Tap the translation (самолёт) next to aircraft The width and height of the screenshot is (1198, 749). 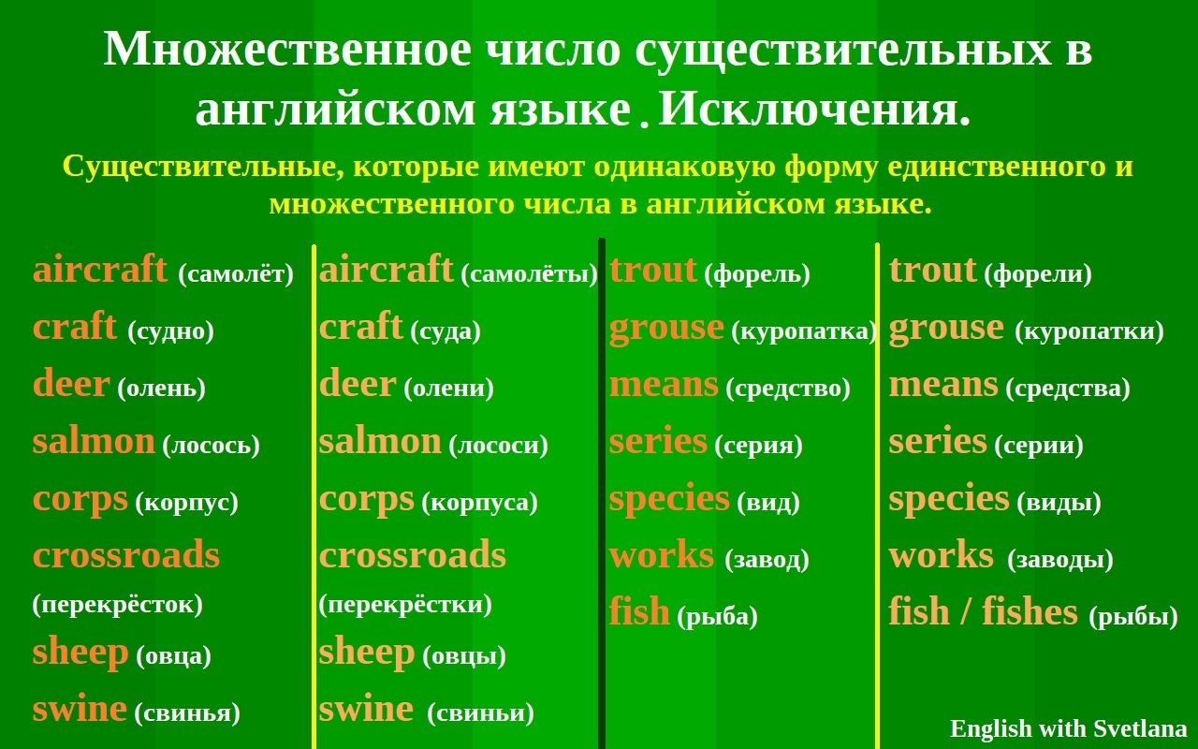(236, 274)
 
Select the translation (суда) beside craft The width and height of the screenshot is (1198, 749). (446, 331)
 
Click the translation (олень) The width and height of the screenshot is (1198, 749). (162, 389)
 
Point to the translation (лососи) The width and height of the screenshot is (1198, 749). (499, 445)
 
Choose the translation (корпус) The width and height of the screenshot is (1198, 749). (186, 503)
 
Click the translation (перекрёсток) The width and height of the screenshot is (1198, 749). (118, 605)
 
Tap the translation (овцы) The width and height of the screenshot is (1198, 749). (464, 656)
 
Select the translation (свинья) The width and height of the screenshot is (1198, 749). (187, 713)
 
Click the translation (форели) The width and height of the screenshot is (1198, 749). (1038, 274)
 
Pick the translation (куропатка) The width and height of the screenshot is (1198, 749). (804, 331)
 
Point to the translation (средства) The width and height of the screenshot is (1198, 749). (1068, 389)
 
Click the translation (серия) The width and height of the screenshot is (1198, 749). (759, 445)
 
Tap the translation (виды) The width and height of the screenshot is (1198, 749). (1059, 503)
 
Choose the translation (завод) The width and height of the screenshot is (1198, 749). (767, 560)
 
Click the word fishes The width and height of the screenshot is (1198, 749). (1030, 611)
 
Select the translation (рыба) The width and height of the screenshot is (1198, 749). (718, 616)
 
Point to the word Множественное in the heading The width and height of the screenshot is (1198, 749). (287, 50)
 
